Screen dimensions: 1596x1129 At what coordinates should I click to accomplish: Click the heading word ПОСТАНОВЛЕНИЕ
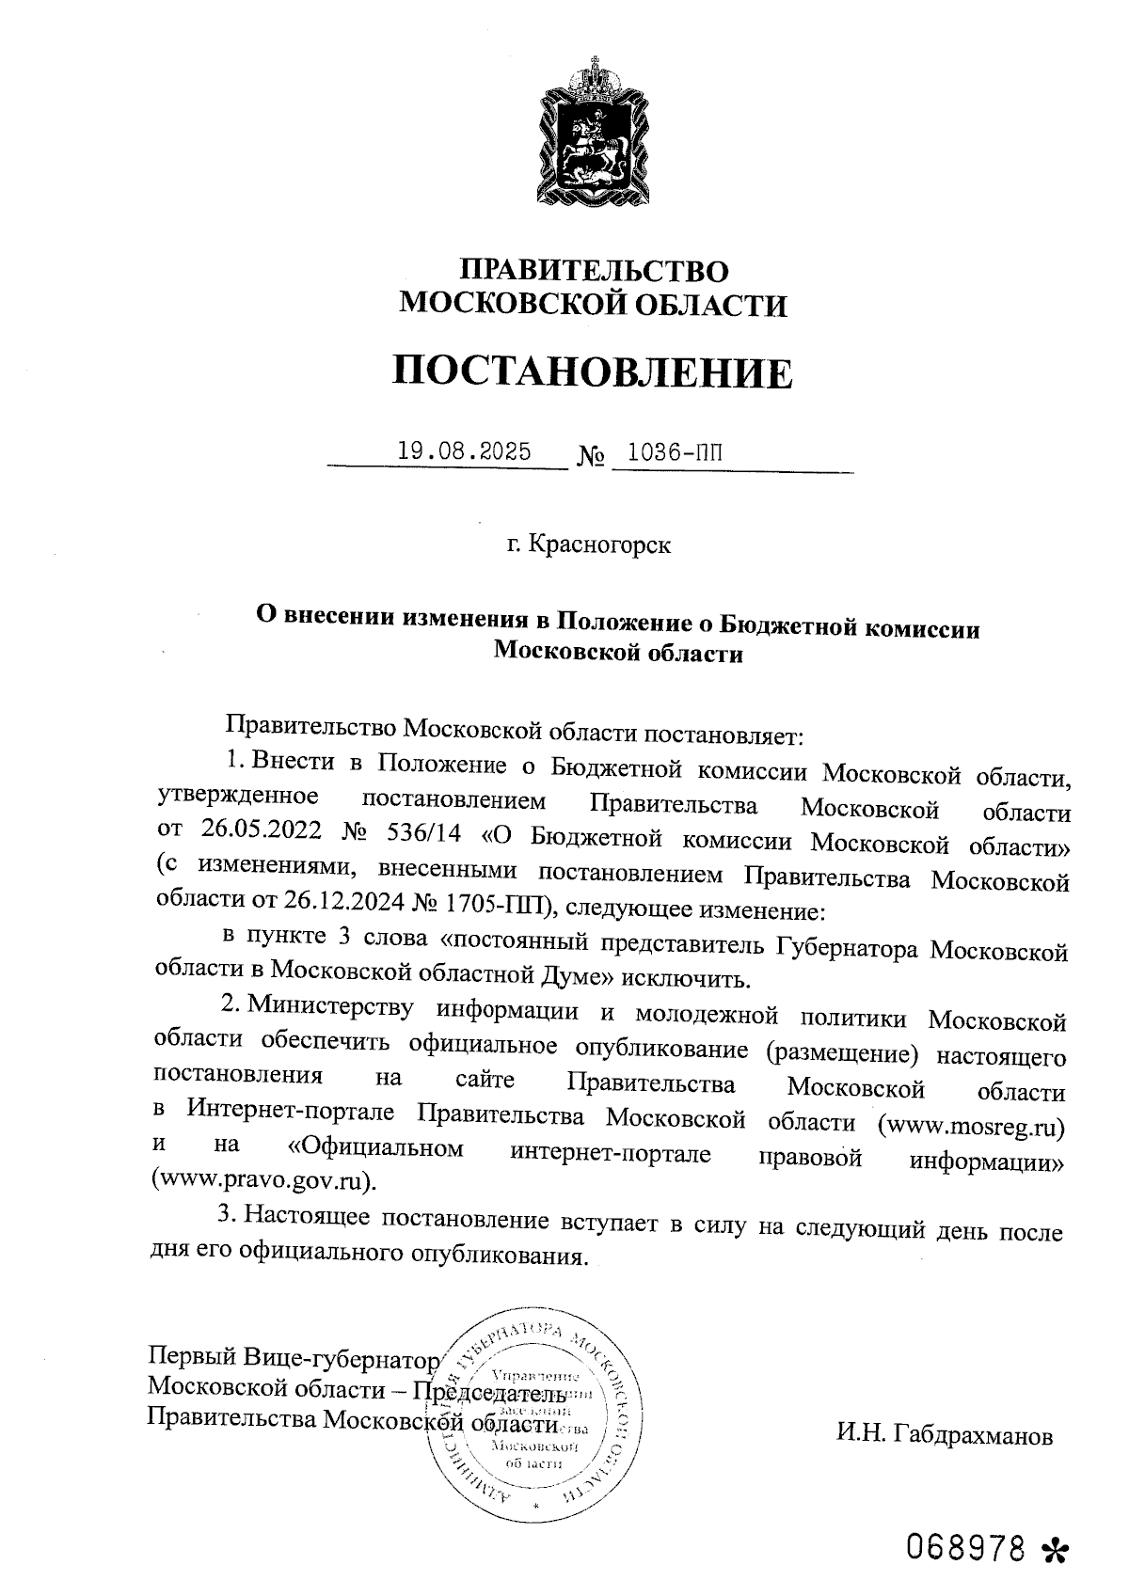coord(593,373)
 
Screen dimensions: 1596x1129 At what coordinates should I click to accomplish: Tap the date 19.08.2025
coord(464,451)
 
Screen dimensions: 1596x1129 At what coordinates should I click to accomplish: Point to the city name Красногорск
coord(600,545)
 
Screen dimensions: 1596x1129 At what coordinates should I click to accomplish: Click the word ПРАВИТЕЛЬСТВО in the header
coord(593,272)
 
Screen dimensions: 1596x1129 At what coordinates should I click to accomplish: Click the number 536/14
coord(422,836)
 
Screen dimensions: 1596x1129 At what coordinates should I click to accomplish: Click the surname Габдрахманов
coord(944,1436)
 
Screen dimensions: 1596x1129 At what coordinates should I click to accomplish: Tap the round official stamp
coord(534,1417)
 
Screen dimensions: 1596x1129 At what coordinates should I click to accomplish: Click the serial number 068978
coord(965,1546)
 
